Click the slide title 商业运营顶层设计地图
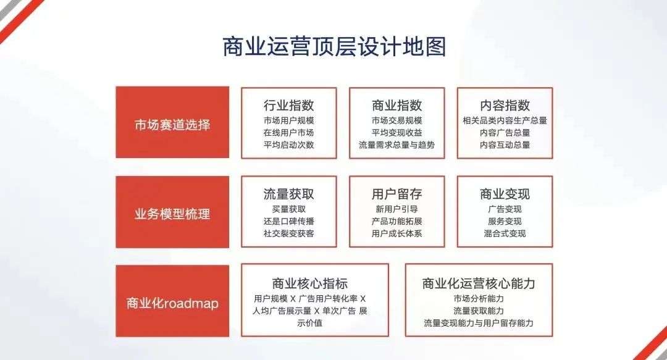334,46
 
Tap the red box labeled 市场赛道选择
172,122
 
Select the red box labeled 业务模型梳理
172,212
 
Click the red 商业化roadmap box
172,301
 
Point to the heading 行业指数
288,105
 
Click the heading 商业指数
396,105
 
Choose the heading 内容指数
505,105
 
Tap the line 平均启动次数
288,144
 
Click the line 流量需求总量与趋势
396,144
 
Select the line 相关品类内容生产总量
505,120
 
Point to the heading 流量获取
288,194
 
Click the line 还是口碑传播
288,221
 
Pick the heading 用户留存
396,194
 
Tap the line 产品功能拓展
396,221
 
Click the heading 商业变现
505,194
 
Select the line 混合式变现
505,233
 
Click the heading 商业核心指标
309,283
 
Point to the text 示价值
309,323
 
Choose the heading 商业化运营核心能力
479,283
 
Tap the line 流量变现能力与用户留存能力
479,323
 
